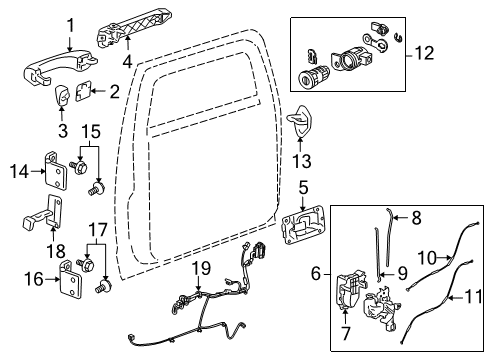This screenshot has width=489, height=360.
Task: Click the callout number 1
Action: coord(69,23)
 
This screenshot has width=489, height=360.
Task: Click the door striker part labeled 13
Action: coord(305,128)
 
